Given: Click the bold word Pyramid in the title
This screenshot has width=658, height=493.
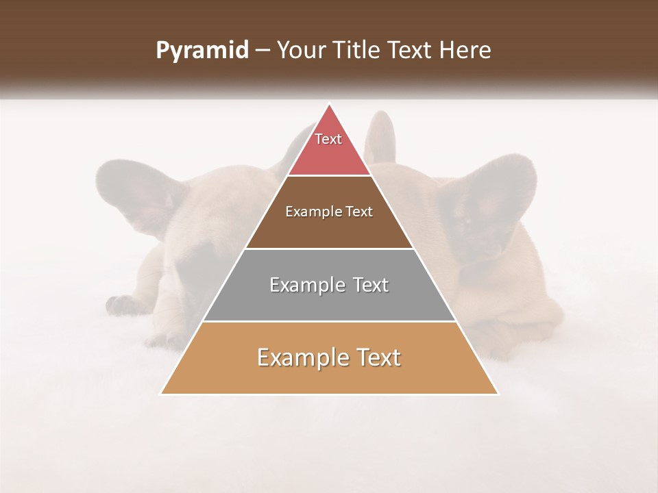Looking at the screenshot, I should [x=202, y=51].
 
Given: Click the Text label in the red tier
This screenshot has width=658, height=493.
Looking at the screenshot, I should [x=328, y=139].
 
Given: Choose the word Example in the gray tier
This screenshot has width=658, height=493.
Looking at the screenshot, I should [x=306, y=285].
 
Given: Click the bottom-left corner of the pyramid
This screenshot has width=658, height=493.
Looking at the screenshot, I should [x=161, y=394].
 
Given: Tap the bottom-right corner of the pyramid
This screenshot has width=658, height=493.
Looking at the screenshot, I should [x=498, y=394].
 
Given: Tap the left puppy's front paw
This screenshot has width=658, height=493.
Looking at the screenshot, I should [x=123, y=305].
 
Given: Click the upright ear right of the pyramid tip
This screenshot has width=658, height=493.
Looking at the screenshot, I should [x=380, y=137].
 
